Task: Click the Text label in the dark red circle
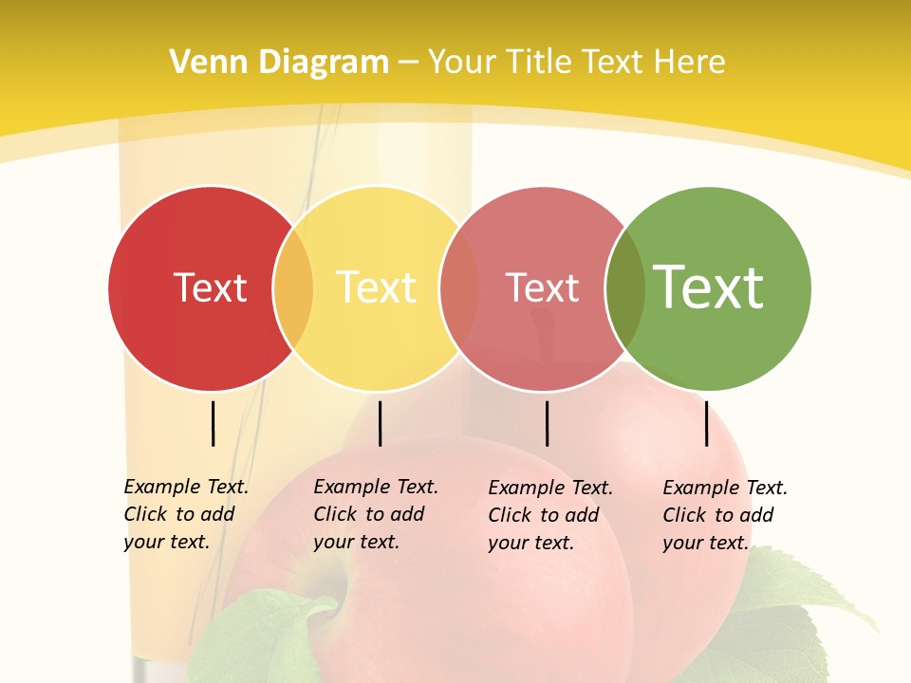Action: (x=210, y=287)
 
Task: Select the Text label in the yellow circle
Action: (x=376, y=287)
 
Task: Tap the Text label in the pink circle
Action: (x=542, y=288)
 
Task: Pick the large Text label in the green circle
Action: (x=708, y=287)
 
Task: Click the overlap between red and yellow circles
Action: (x=293, y=288)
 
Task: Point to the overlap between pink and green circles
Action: (x=625, y=288)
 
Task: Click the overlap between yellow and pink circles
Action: (x=459, y=288)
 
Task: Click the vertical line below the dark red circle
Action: (x=214, y=423)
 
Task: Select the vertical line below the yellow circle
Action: (x=380, y=423)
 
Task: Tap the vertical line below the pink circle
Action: (x=547, y=423)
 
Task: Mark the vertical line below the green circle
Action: (x=707, y=423)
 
